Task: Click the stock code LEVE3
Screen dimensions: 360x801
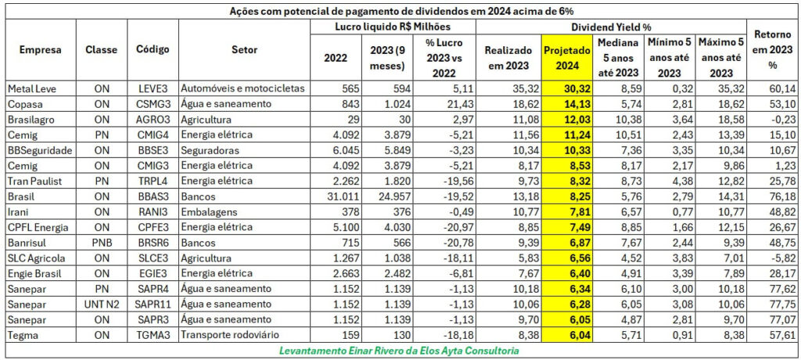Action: pos(152,88)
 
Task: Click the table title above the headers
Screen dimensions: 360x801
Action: pos(400,11)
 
